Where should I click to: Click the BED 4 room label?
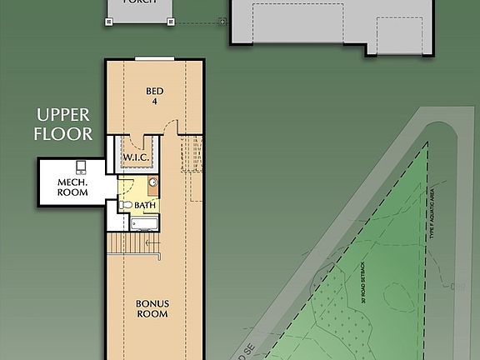[154, 95]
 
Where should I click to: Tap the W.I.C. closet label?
[136, 157]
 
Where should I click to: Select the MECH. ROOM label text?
[73, 187]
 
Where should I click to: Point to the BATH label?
[145, 204]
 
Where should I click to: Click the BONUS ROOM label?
[152, 308]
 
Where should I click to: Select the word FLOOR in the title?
[63, 132]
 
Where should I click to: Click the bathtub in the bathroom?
[144, 223]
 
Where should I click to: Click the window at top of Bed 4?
[155, 58]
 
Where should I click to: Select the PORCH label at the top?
[140, 2]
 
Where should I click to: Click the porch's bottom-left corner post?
[109, 22]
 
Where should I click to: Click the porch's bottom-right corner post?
[171, 22]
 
